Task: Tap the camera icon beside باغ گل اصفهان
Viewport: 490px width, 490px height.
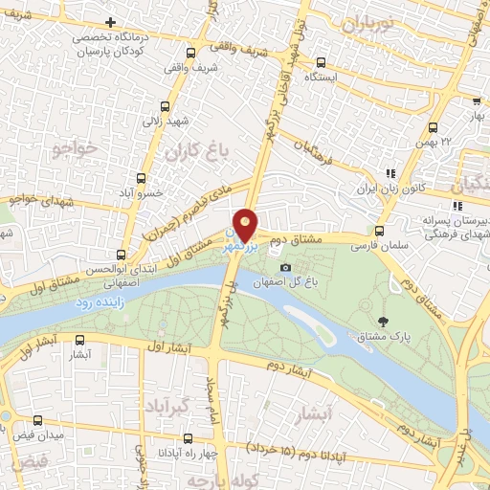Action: pos(285,268)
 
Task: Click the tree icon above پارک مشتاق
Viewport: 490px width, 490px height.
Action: pos(384,322)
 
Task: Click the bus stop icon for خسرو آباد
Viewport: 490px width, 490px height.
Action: pos(142,178)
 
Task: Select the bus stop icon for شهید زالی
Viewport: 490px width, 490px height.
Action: pos(170,107)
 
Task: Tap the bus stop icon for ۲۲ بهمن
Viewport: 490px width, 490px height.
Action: pos(433,127)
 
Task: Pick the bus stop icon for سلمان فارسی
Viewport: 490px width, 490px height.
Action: pos(380,231)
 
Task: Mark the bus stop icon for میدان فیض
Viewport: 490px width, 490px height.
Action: pos(38,419)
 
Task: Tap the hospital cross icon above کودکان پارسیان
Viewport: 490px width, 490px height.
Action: pos(112,22)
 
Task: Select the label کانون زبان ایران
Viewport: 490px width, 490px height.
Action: pos(390,189)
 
